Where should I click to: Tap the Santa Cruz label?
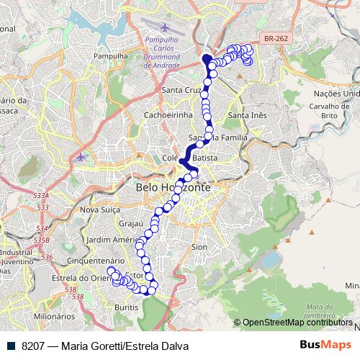(181, 90)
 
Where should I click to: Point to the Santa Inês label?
(247, 115)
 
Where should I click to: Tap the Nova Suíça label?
(99, 210)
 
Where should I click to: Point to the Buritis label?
(127, 307)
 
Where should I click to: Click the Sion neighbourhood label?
(199, 246)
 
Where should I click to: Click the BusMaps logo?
(325, 346)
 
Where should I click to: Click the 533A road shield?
(41, 196)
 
